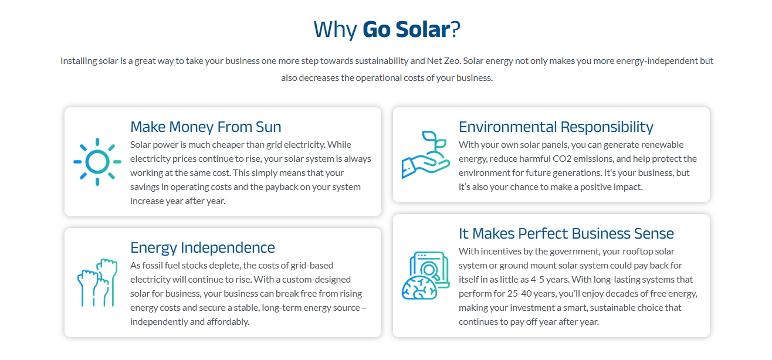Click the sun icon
[97, 162]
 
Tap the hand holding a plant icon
[426, 154]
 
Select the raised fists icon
[97, 283]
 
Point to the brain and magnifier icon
[426, 276]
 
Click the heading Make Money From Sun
[206, 127]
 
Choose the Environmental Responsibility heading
[556, 127]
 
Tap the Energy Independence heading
[202, 247]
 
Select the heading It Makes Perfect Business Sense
[566, 233]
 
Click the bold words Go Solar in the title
[407, 29]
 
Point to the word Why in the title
[335, 30]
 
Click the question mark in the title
[456, 29]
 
